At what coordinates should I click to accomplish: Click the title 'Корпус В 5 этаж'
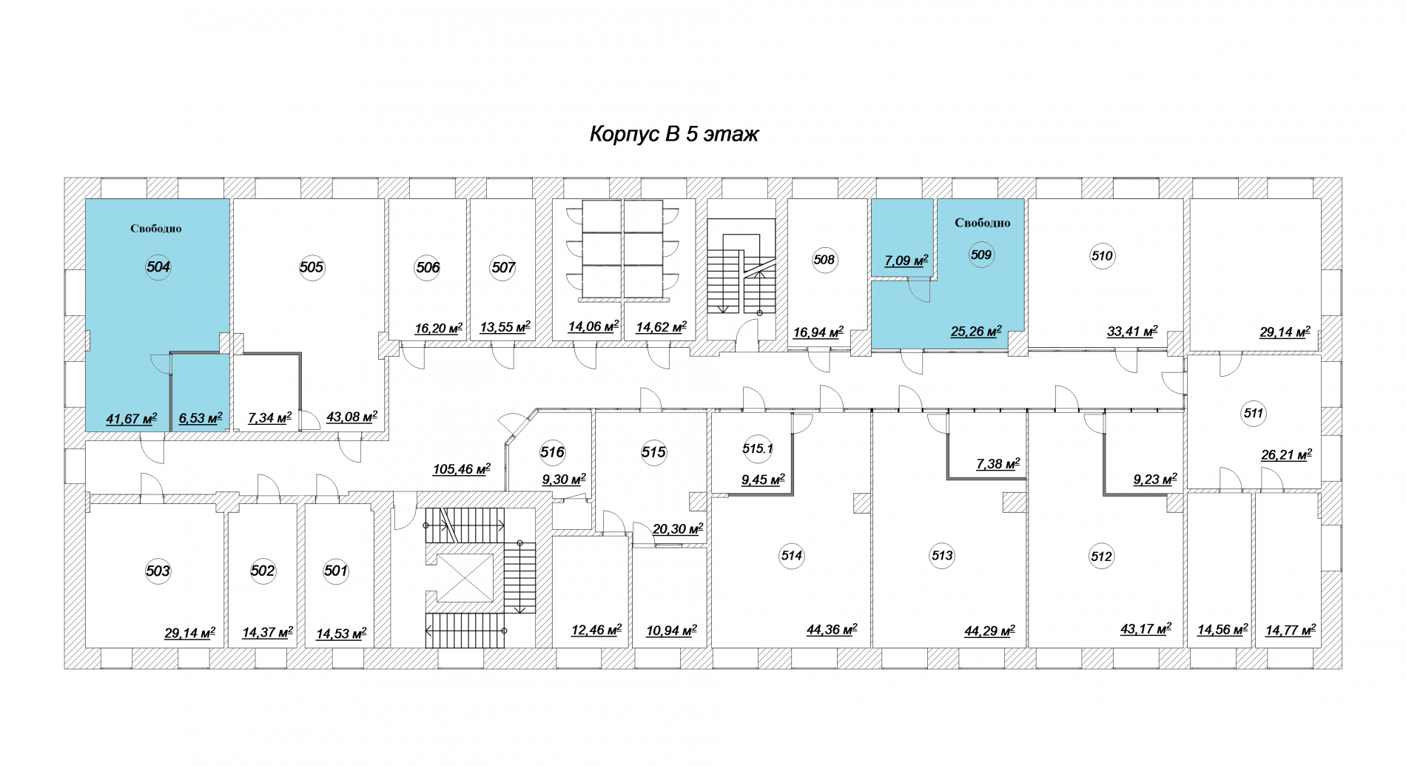point(674,134)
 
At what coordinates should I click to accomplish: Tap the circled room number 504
point(158,267)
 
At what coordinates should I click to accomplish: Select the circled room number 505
point(312,267)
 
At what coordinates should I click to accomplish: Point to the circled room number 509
point(981,255)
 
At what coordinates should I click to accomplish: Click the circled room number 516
point(552,452)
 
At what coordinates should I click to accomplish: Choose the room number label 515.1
point(758,448)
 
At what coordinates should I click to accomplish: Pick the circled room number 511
point(1254,414)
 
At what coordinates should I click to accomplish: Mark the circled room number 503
point(158,571)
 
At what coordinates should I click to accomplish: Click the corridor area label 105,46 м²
point(462,469)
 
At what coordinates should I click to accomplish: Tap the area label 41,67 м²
point(131,419)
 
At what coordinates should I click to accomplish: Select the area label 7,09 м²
point(906,261)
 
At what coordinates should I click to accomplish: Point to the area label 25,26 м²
point(976,332)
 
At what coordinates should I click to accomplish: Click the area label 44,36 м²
point(832,630)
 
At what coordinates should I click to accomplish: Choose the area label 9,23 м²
point(1155,480)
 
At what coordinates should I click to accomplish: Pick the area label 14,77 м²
point(1291,631)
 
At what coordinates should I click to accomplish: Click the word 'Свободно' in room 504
point(156,229)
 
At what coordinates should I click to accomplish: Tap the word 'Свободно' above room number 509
point(983,223)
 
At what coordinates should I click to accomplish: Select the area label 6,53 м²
point(201,418)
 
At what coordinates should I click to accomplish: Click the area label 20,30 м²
point(678,529)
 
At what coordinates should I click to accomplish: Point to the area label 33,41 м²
point(1132,332)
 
